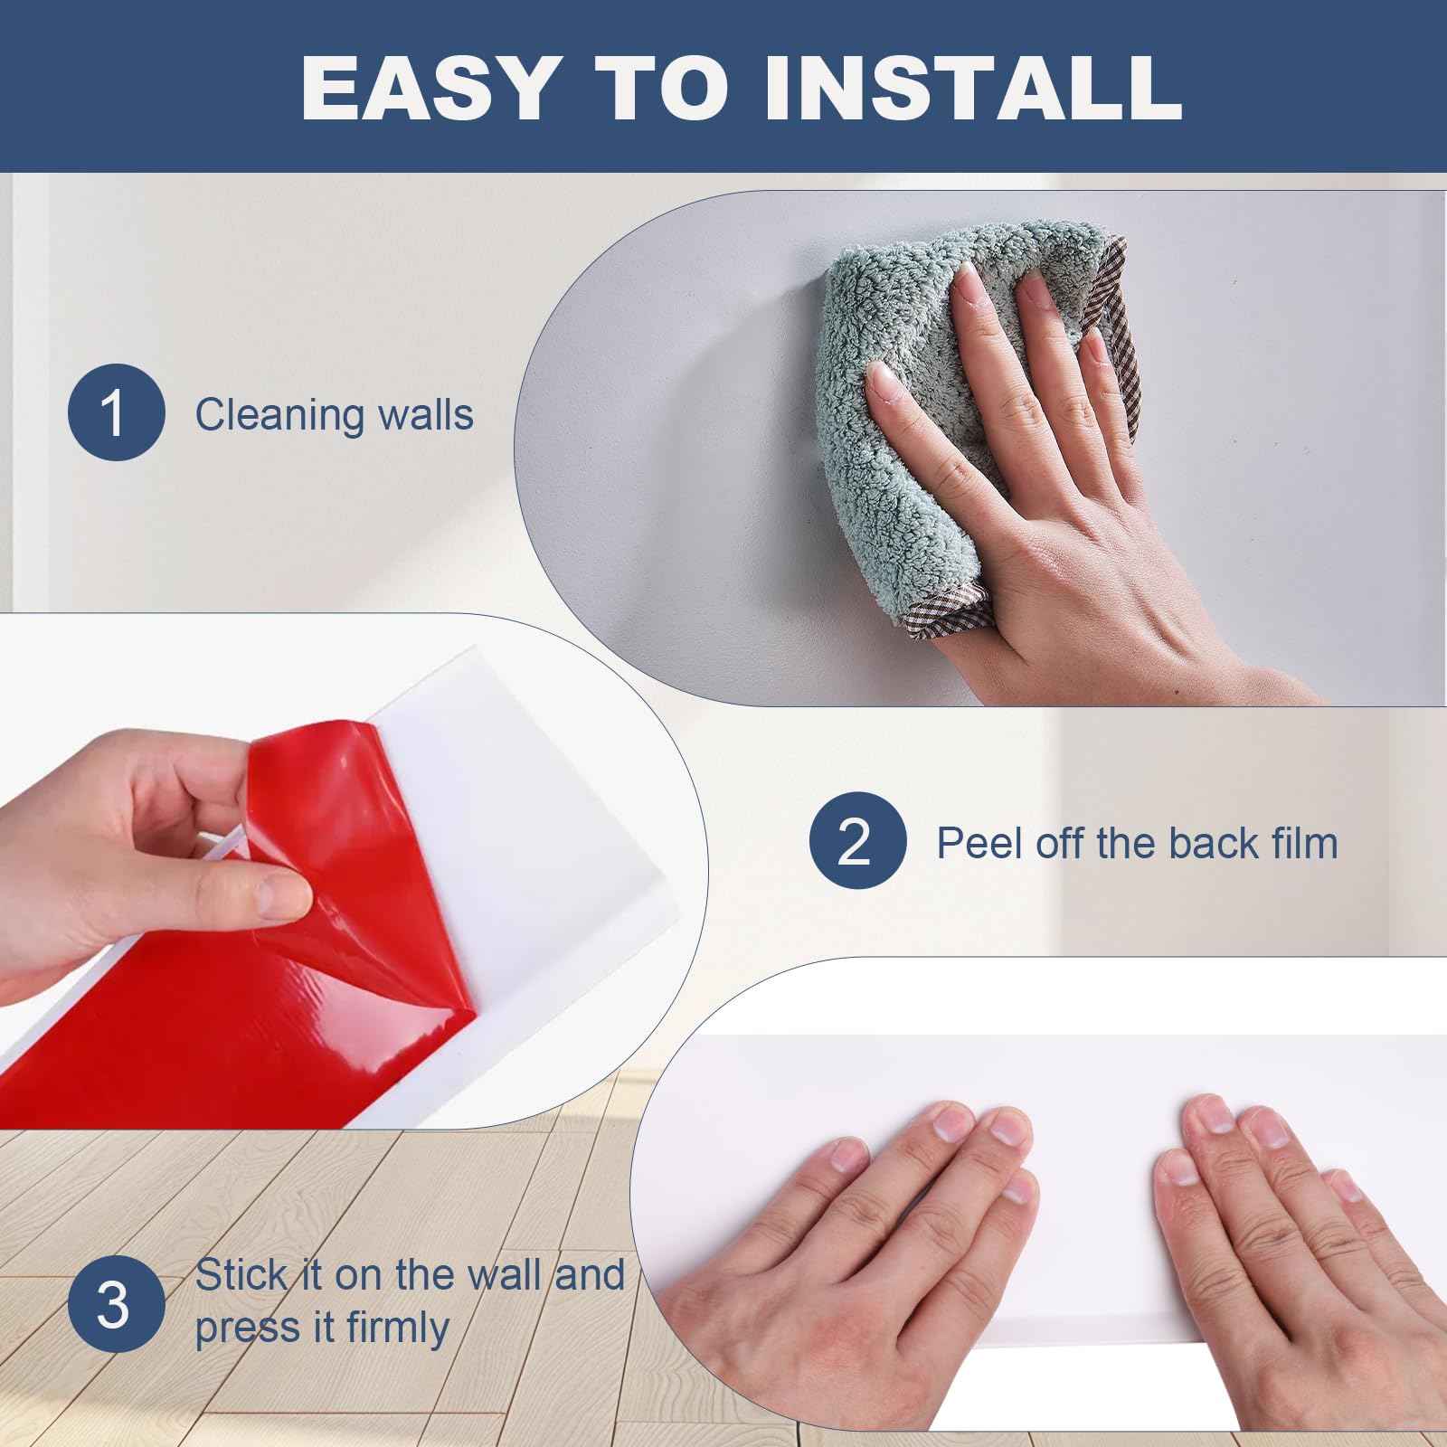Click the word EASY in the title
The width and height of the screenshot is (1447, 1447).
tap(425, 88)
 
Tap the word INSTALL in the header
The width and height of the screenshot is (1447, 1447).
tap(973, 88)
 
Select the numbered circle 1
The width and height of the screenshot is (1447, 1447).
tap(116, 413)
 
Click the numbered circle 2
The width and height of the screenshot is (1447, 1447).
tap(856, 841)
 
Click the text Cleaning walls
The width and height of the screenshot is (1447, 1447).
tap(334, 415)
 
